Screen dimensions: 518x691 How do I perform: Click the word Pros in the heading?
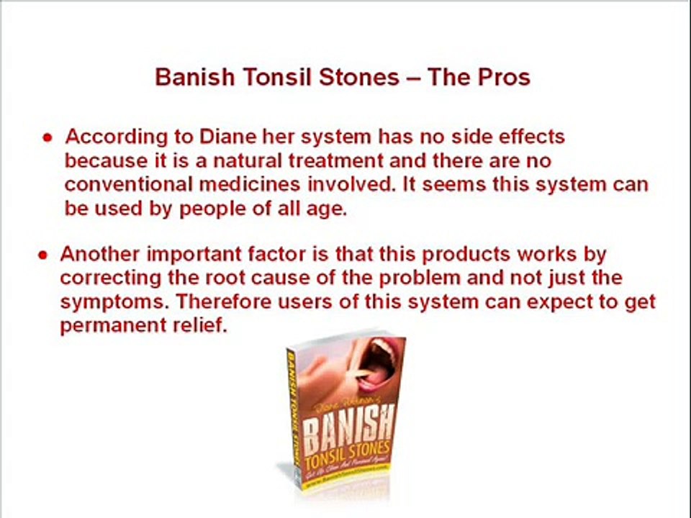pos(500,77)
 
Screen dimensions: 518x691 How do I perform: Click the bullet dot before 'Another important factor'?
pos(44,255)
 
